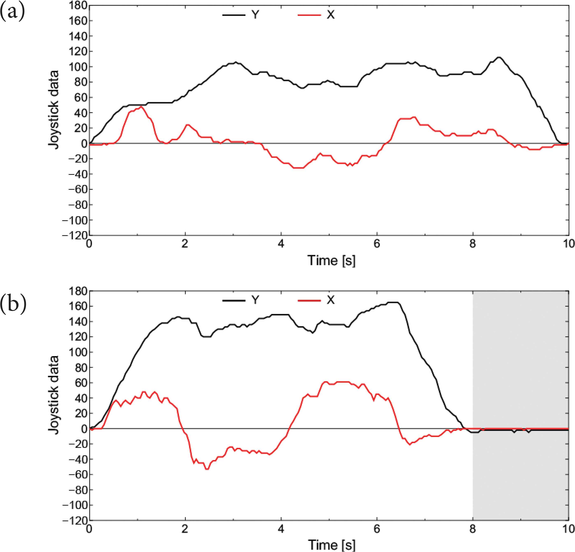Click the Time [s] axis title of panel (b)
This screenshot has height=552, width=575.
click(x=331, y=545)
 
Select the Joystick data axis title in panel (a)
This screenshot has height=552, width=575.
click(x=54, y=110)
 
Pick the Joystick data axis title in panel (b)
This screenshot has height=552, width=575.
click(x=54, y=395)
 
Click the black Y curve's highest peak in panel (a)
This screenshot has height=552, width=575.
click(x=498, y=57)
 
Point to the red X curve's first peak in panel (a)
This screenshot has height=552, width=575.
click(x=142, y=107)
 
